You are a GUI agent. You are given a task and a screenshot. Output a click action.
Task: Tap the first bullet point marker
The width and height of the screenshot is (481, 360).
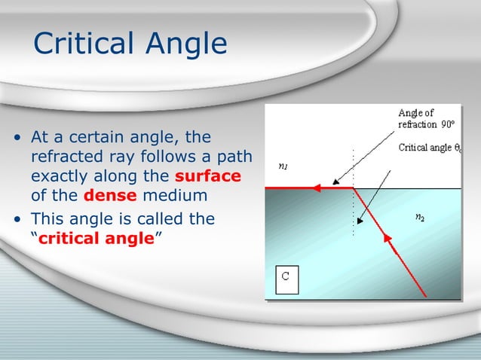pos(17,139)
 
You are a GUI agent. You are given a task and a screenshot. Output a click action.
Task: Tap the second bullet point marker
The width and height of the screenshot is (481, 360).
pos(17,220)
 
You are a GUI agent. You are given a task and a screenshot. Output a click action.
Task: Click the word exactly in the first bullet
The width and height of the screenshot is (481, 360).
pos(59,177)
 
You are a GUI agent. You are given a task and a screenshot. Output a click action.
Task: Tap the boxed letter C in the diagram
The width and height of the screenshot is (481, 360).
pos(286,277)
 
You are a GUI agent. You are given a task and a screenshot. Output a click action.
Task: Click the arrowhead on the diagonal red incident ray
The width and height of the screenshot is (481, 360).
pos(388,241)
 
